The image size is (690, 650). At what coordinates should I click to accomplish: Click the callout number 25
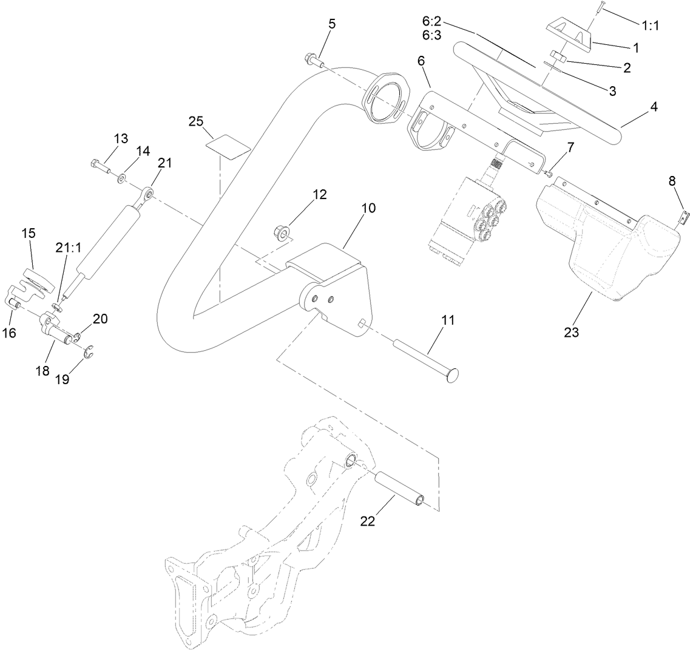coord(195,121)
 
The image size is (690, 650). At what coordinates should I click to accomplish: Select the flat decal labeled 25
coord(228,146)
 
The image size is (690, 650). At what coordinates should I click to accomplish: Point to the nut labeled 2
coord(560,58)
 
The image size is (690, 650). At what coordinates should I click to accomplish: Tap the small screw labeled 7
coord(548,174)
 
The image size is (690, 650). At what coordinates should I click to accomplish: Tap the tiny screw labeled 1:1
coord(598,8)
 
